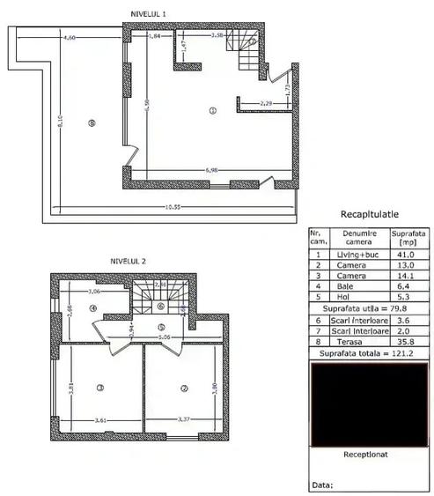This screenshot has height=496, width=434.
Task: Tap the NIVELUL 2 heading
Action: [x=129, y=261]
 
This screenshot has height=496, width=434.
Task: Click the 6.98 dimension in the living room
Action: [x=212, y=168]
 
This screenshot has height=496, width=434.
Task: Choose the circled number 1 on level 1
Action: [x=212, y=111]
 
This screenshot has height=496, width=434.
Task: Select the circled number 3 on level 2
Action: [x=100, y=387]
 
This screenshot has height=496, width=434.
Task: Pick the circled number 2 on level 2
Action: [x=185, y=387]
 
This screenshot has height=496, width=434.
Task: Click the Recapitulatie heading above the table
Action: [x=370, y=214]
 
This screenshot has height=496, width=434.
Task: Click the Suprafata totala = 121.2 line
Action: [x=368, y=354]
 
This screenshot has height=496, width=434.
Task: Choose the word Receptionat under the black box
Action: [x=368, y=455]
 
